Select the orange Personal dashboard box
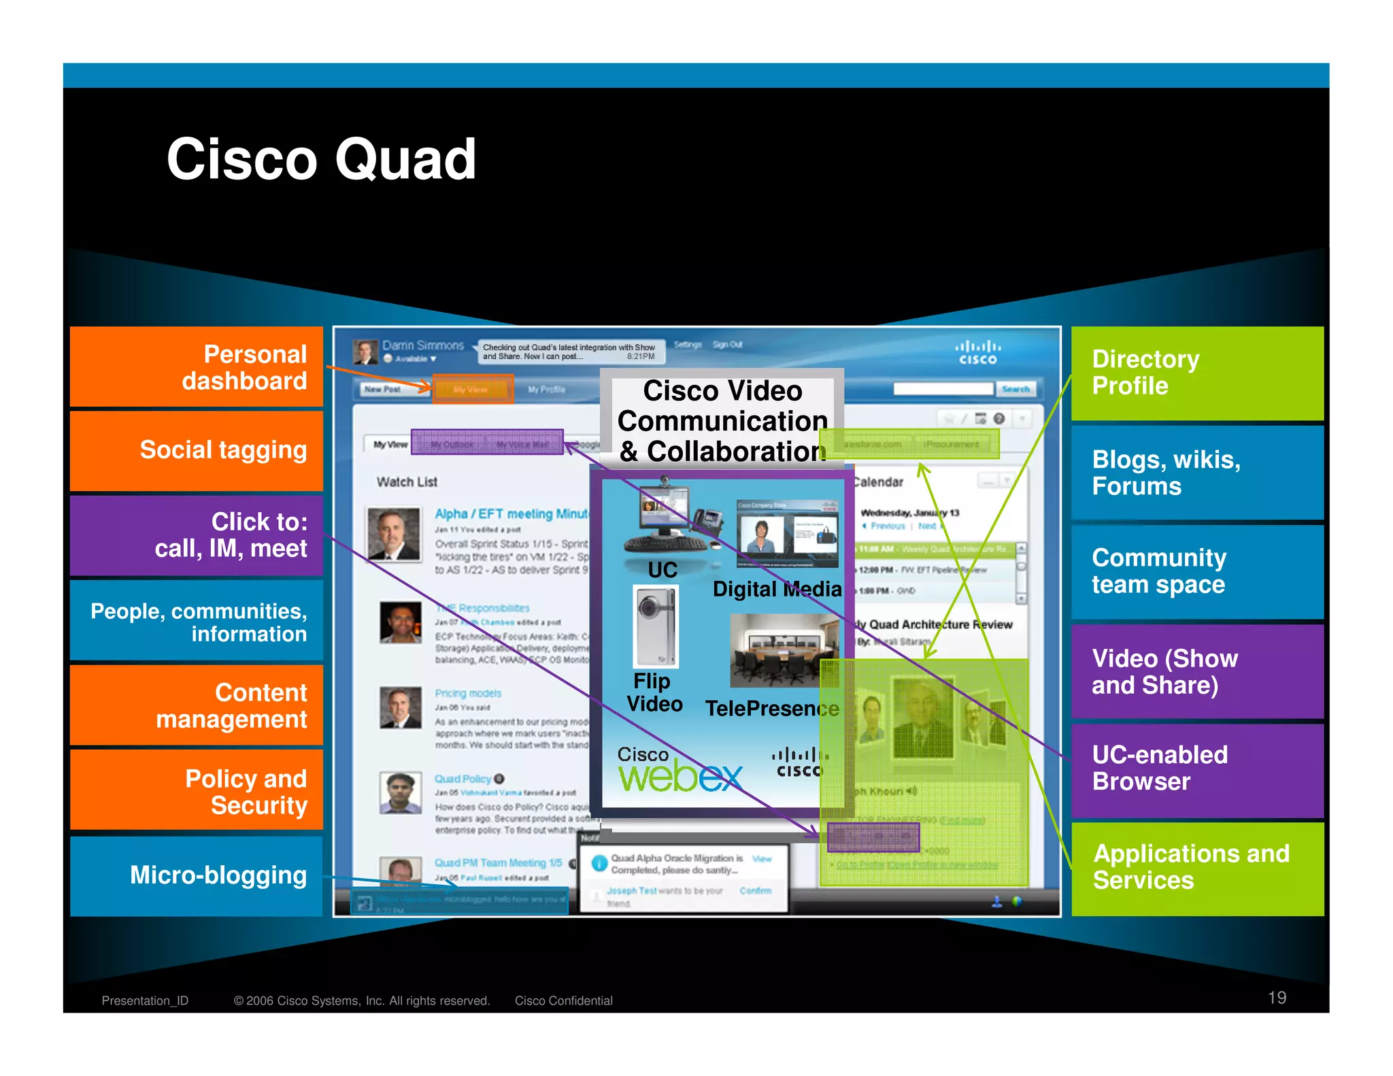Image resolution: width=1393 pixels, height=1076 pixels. coord(197,367)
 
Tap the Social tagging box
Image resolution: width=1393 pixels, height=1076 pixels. coord(197,450)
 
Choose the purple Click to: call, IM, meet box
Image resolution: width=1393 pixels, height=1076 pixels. coord(197,535)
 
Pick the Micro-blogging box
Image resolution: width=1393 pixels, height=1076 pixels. coord(197,875)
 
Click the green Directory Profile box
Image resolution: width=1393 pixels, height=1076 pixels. coord(1197,373)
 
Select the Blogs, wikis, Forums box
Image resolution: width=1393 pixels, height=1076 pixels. coord(1197,473)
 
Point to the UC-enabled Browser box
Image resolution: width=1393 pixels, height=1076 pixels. coord(1197,769)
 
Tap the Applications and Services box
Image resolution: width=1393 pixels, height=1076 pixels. coord(1197,867)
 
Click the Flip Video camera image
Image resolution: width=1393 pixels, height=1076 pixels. coord(656,626)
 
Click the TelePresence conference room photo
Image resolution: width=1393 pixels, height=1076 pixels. coord(784,650)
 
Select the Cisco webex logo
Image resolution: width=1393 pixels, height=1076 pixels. coord(679,771)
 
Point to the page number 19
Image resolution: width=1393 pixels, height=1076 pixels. coord(1277,998)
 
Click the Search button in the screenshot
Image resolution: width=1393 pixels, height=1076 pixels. coord(1016,389)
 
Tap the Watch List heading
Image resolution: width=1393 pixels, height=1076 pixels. coord(407,482)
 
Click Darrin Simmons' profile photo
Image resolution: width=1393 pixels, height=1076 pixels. coord(365,352)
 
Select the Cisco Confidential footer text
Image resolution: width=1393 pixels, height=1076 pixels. coord(563,1001)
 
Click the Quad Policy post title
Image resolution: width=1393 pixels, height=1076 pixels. coord(463,779)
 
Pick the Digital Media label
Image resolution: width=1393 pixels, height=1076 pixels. coord(777,589)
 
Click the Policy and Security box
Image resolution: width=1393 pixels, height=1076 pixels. coord(197,791)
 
